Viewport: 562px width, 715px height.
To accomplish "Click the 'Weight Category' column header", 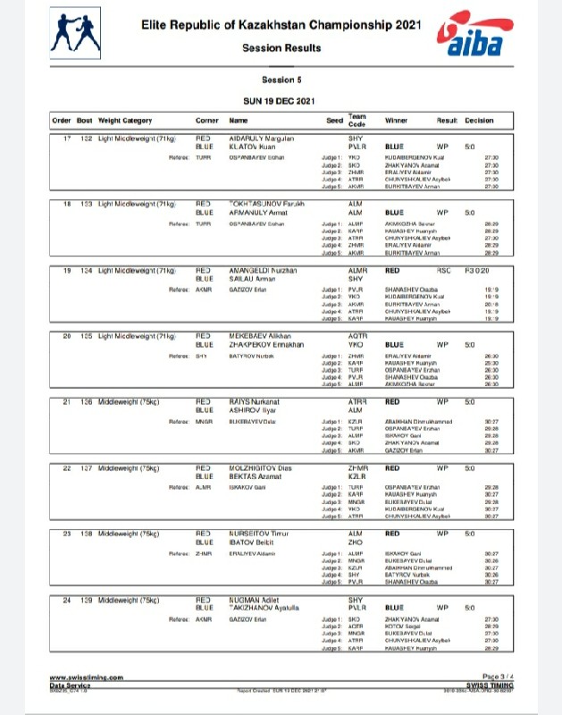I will coord(125,121).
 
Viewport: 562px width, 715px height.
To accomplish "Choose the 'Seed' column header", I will coord(334,121).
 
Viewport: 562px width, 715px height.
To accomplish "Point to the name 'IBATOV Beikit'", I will coord(254,541).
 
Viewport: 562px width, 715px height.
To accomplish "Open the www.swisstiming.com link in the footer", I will coord(86,678).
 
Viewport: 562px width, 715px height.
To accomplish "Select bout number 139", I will coord(85,598).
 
